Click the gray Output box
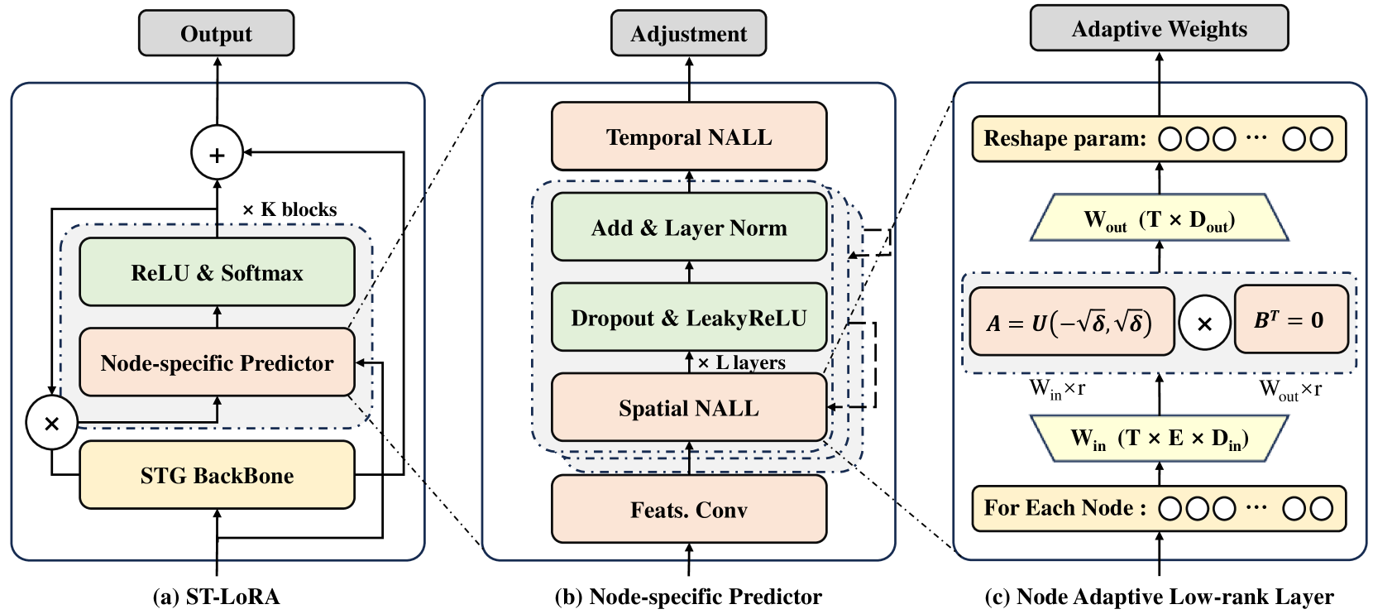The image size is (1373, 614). pos(216,34)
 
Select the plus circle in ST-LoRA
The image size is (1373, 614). pos(217,154)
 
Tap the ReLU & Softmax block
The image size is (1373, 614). pos(217,272)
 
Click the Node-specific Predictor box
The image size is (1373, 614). pos(217,362)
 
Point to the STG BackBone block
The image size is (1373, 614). pos(217,475)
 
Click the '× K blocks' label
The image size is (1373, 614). pos(289,209)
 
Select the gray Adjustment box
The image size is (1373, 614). pos(688,34)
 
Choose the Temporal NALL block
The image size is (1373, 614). pos(688,137)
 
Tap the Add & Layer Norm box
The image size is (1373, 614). pos(688,228)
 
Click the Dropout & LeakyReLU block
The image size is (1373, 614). pos(688,318)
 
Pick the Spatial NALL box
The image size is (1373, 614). pos(688,408)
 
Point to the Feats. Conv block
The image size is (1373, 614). pos(688,510)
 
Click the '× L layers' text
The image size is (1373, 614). pos(741,362)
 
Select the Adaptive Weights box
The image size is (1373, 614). pos(1159,29)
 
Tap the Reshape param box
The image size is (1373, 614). pos(1159,138)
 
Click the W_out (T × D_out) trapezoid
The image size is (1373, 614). pos(1159,219)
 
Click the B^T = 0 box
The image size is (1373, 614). pos(1290,319)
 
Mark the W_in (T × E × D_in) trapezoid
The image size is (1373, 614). pos(1159,438)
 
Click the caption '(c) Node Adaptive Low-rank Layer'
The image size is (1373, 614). pos(1159,597)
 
